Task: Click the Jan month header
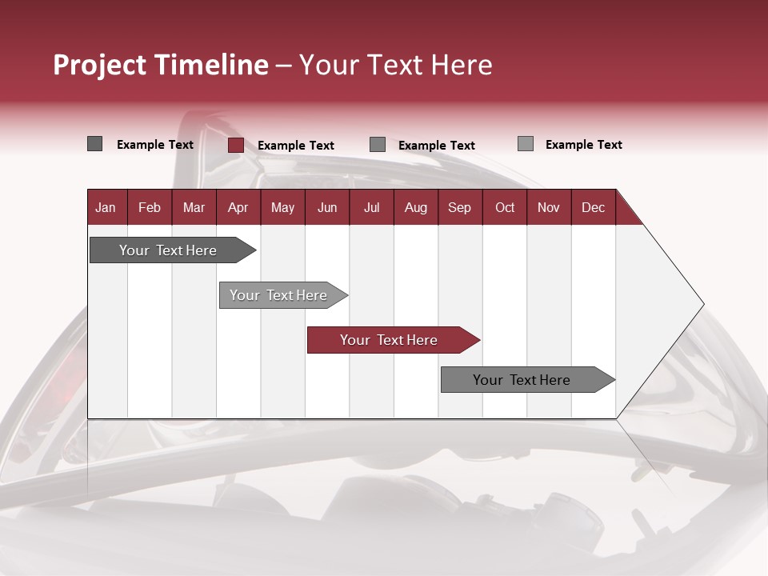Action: click(x=106, y=207)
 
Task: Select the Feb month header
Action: click(x=150, y=207)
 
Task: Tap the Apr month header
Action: click(x=238, y=207)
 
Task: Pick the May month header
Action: click(x=282, y=207)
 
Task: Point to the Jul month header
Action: click(x=371, y=207)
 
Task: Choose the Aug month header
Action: click(x=416, y=207)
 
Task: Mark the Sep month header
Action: click(x=460, y=207)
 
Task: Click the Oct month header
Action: click(x=505, y=207)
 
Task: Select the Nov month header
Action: click(x=549, y=207)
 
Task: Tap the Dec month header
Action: click(x=594, y=207)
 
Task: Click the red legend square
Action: click(x=235, y=145)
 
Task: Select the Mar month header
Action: click(x=194, y=207)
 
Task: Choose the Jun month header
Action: click(x=327, y=207)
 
